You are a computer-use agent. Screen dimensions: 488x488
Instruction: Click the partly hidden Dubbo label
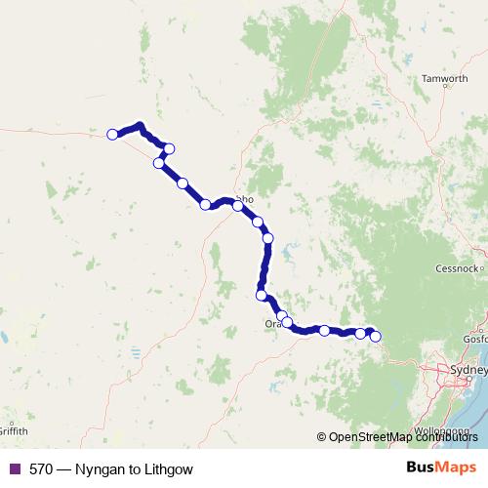(x=245, y=199)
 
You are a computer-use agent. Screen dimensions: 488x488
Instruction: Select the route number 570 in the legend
(x=41, y=469)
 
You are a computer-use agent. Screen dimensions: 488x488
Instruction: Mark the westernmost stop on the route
(x=112, y=134)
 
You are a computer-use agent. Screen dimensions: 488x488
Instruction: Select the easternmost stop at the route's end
(x=375, y=338)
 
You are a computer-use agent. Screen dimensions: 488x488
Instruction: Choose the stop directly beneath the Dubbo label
(x=237, y=206)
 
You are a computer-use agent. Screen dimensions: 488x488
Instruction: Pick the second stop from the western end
(x=169, y=148)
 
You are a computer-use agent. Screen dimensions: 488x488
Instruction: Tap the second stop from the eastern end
(x=360, y=334)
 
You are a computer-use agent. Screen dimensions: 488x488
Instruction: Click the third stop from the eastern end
(x=324, y=331)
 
